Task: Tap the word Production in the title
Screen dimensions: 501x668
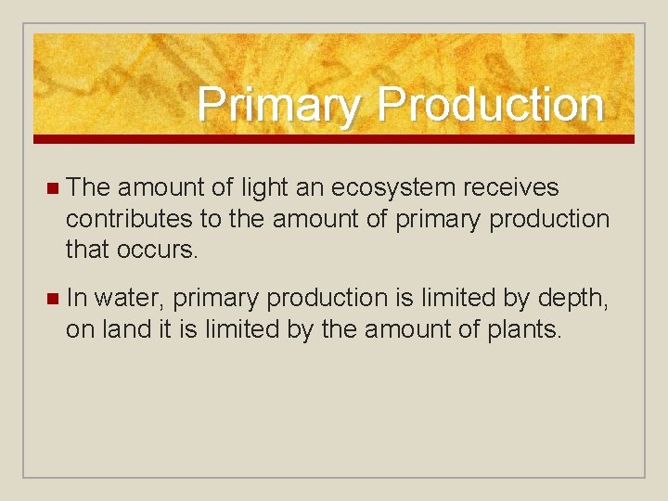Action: pos(490,104)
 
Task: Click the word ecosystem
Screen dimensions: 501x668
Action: pos(392,188)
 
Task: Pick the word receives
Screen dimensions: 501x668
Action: pos(511,188)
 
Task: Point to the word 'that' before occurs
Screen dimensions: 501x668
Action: pos(87,250)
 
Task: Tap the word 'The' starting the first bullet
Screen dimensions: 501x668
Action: pos(88,187)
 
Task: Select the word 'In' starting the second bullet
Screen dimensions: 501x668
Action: pos(77,299)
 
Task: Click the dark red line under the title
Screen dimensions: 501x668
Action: pos(334,139)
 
